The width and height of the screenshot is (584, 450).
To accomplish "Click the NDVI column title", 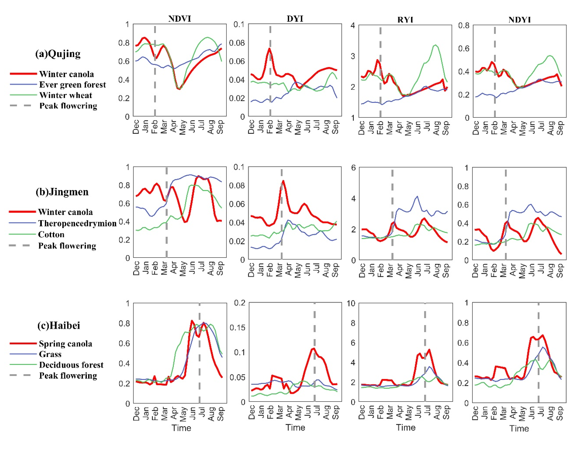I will pyautogui.click(x=179, y=19).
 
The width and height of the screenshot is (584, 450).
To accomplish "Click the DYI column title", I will pyautogui.click(x=295, y=19).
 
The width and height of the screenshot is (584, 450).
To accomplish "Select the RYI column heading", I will pyautogui.click(x=405, y=20).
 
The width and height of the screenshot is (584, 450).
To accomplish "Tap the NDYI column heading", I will pyautogui.click(x=519, y=20).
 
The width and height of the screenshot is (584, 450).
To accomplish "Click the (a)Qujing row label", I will pyautogui.click(x=58, y=54).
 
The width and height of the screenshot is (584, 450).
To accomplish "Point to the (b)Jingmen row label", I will pyautogui.click(x=62, y=192).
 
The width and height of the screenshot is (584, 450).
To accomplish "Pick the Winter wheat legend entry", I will pyautogui.click(x=66, y=95).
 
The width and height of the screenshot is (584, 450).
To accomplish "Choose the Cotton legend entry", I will pyautogui.click(x=51, y=235).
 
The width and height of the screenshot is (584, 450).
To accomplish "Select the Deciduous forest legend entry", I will pyautogui.click(x=71, y=365).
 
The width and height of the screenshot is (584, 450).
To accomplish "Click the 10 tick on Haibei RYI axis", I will pyautogui.click(x=351, y=303).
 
